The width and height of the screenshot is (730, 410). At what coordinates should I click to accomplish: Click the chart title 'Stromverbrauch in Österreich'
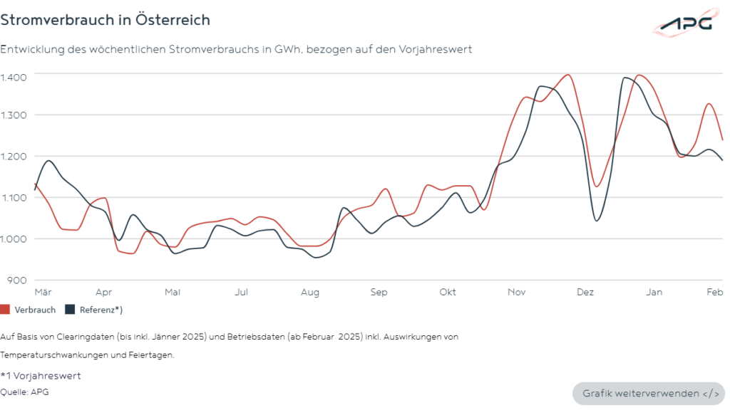106,20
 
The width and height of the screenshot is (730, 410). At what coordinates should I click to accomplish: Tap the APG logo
685,23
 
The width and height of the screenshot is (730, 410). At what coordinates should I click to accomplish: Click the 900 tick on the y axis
18,280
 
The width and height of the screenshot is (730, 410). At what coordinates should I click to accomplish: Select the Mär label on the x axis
43,292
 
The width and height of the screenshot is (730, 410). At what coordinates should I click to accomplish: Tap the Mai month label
173,292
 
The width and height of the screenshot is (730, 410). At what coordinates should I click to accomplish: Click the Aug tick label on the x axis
309,292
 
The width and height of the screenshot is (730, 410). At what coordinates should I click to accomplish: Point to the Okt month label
448,292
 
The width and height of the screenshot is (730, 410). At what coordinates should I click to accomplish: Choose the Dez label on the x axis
585,292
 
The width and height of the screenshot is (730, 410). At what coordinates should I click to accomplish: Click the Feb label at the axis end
714,292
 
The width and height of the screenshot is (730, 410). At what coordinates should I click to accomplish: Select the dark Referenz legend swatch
70,310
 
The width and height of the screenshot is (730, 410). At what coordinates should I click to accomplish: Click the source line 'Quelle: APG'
25,391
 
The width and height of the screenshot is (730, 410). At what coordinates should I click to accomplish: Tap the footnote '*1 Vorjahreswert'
41,375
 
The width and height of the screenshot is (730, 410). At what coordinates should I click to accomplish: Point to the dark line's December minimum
596,221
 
